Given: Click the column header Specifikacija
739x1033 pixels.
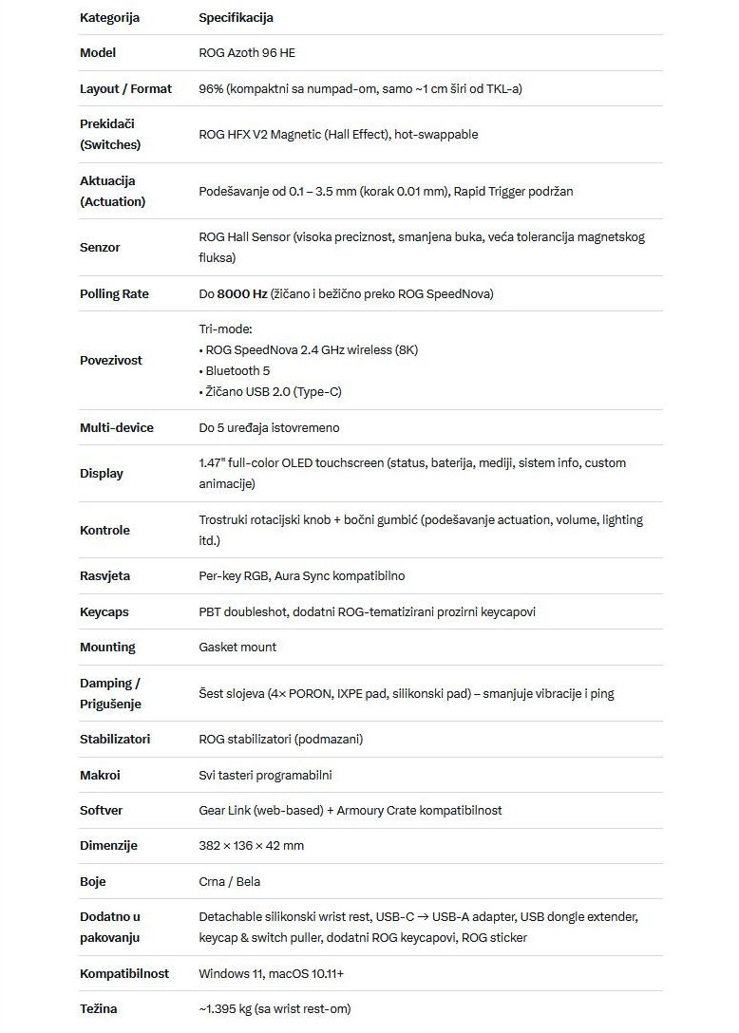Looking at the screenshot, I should click(x=236, y=17).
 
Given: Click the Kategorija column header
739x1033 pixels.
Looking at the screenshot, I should click(x=109, y=17).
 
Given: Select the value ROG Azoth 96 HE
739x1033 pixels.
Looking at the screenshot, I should click(x=247, y=53).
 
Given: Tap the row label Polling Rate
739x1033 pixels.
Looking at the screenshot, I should click(x=114, y=294).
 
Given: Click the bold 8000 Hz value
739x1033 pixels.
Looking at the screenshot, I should click(x=241, y=294).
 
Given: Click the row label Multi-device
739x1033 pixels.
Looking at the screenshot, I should click(x=116, y=428).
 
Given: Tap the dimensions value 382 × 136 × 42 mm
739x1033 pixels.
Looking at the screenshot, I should click(x=251, y=846).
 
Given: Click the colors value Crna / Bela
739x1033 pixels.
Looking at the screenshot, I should click(x=229, y=882).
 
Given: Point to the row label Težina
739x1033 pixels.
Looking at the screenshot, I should click(x=98, y=1009).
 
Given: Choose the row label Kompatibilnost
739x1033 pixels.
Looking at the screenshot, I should click(x=124, y=974).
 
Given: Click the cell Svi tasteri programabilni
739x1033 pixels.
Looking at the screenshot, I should click(x=265, y=776).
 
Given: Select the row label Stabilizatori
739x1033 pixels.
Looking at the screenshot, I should click(x=115, y=740).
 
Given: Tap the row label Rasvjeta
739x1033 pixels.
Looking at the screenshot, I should click(x=104, y=576).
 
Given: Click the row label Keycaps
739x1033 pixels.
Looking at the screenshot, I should click(x=104, y=612).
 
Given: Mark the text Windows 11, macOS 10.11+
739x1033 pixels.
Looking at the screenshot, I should click(x=271, y=974).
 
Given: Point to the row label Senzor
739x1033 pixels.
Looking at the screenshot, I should click(x=100, y=248).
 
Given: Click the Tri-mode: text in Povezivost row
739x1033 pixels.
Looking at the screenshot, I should click(x=225, y=329).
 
